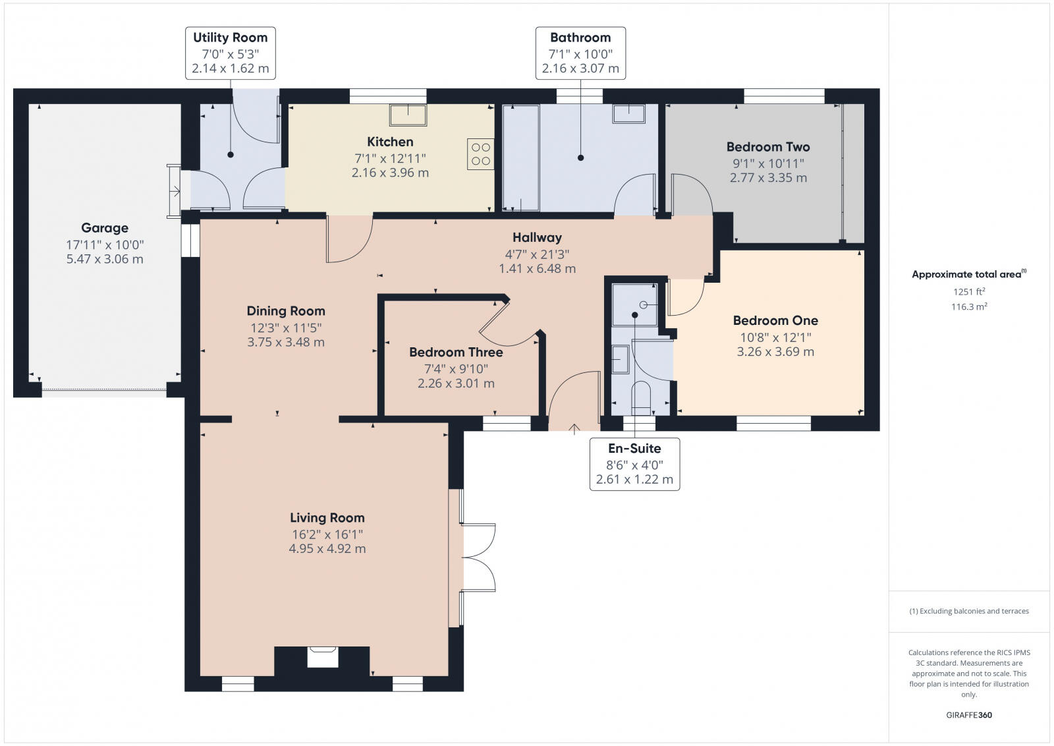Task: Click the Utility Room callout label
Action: coord(230,53)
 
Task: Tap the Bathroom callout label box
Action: coord(580,53)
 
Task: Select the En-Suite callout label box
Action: coord(634,464)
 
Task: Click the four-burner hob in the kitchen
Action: coord(481,154)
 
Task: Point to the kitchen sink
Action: coord(408,115)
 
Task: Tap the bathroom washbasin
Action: coord(628,113)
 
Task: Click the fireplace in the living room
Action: coord(323,657)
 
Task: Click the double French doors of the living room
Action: coord(478,558)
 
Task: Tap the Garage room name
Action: coord(105,228)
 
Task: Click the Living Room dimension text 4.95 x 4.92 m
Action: coord(327,548)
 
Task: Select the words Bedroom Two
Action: coord(768,147)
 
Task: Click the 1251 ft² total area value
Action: coord(968,291)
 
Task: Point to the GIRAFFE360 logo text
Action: coord(968,715)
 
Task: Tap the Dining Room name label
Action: coord(286,311)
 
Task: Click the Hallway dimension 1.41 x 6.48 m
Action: coord(537,268)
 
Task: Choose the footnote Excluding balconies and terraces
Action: coord(969,611)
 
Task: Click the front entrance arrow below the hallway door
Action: coord(574,429)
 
